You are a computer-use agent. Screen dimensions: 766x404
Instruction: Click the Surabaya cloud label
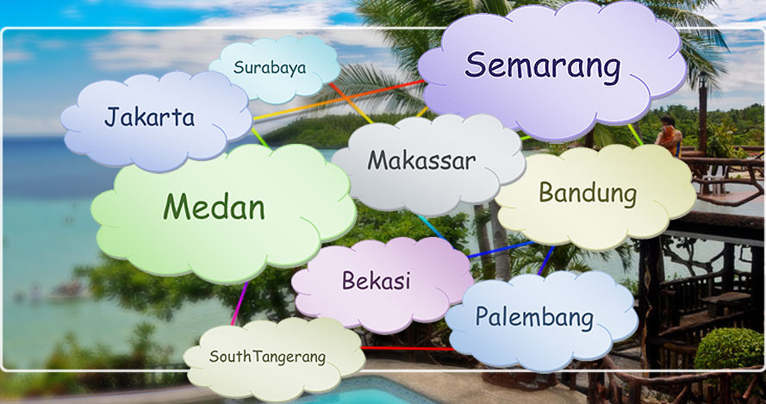[x=270, y=67]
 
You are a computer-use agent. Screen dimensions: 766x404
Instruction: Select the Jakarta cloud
[x=156, y=121]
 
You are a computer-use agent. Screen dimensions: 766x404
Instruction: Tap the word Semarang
[x=543, y=66]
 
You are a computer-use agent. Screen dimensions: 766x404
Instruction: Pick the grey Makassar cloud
[x=428, y=165]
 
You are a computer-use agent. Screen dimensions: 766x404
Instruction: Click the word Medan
[x=214, y=206]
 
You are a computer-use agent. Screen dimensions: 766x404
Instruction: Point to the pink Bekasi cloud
[x=383, y=284]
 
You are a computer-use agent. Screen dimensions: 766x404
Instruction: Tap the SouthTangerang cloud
[x=275, y=359]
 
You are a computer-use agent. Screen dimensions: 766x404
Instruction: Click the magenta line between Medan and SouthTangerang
[x=240, y=303]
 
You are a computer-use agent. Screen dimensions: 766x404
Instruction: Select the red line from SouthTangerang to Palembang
[x=408, y=348]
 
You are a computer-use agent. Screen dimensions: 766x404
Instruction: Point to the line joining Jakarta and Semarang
[x=338, y=100]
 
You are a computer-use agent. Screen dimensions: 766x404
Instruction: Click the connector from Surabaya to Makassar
[x=351, y=103]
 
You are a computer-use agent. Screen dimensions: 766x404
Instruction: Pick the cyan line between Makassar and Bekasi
[x=432, y=227]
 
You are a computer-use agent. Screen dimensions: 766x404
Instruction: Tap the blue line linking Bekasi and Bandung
[x=501, y=249]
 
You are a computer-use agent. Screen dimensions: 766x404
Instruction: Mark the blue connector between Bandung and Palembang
[x=546, y=260]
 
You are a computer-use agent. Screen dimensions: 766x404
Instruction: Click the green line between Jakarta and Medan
[x=261, y=139]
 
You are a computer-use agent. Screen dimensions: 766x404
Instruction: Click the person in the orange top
[x=669, y=136]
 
